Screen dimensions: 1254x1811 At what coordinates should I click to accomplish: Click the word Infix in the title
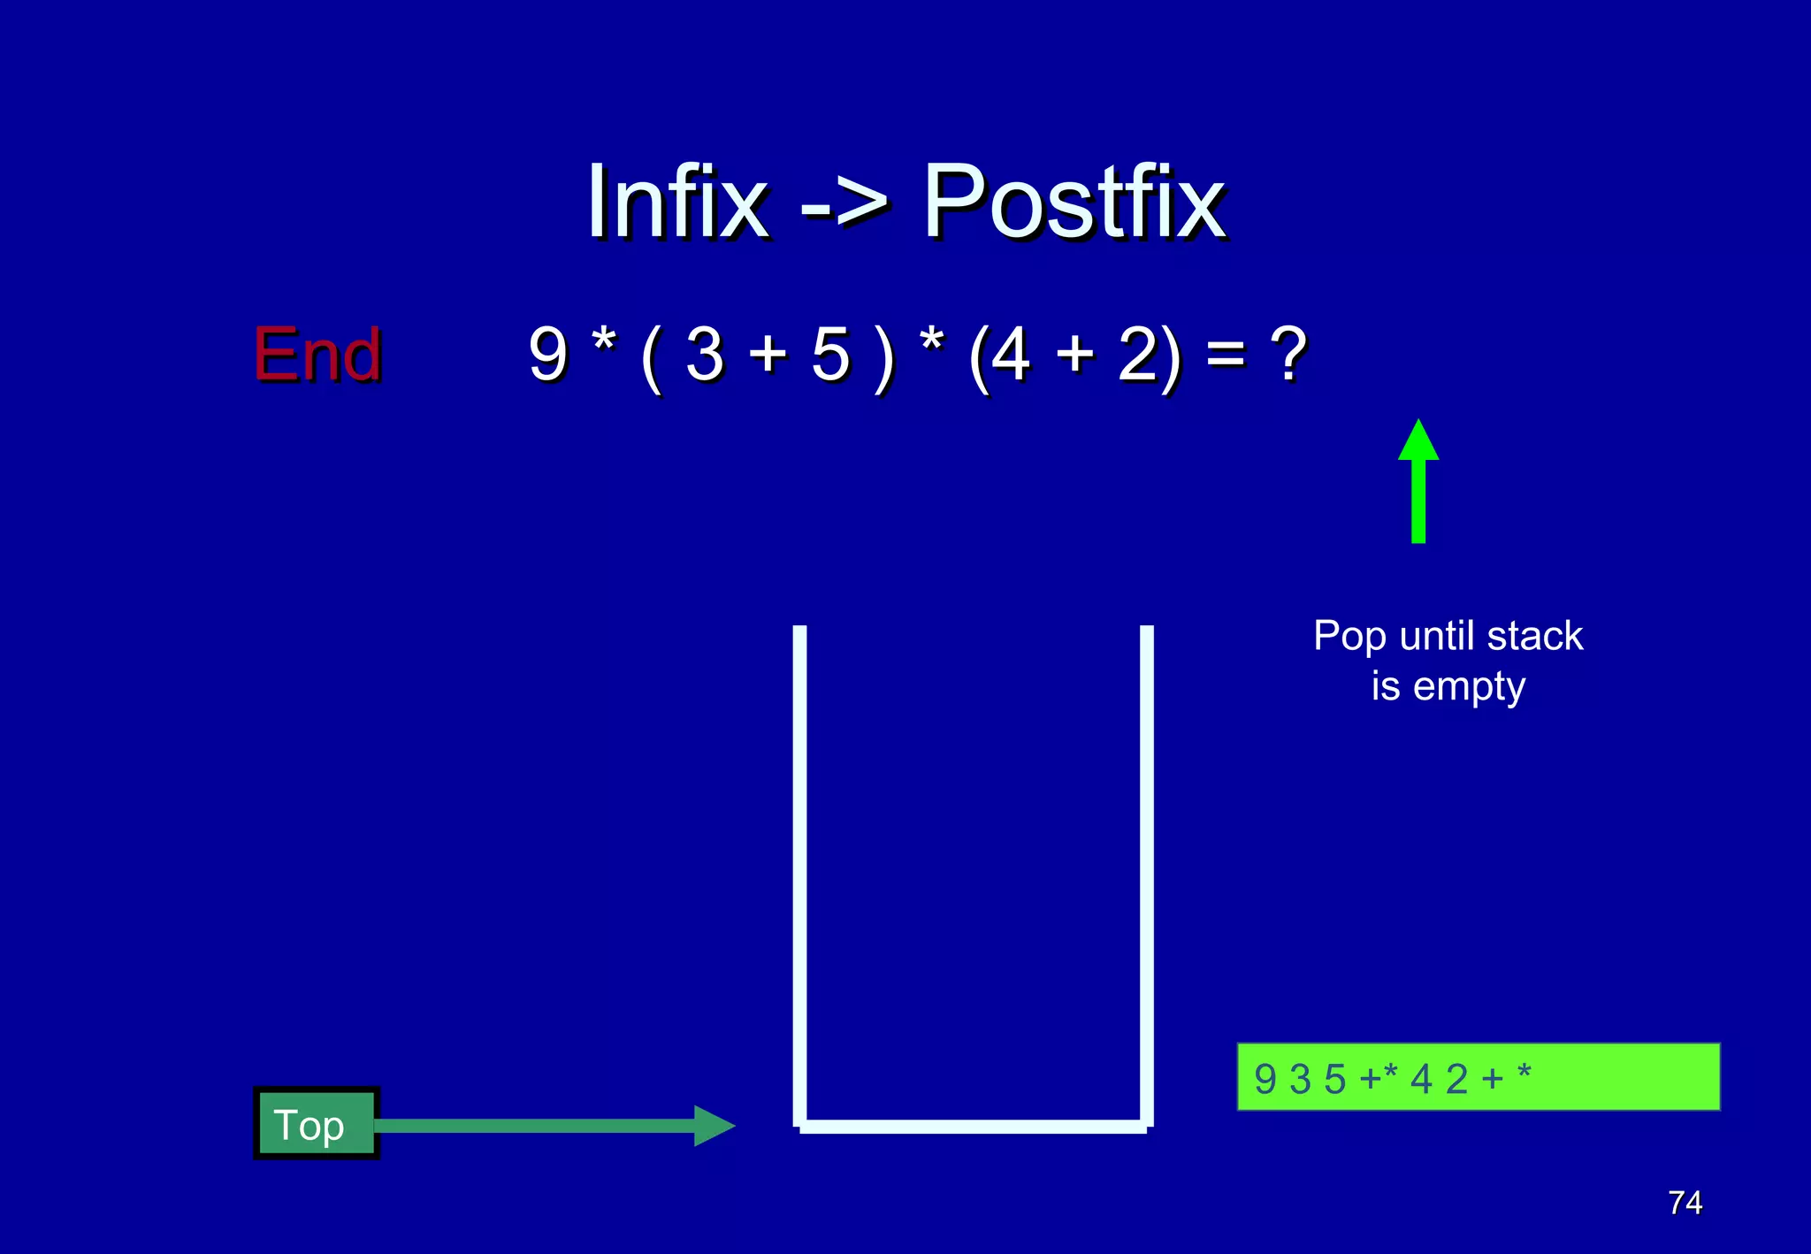click(x=676, y=203)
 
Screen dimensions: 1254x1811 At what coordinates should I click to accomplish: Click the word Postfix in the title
click(x=1074, y=203)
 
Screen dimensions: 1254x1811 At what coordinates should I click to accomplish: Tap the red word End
click(x=317, y=354)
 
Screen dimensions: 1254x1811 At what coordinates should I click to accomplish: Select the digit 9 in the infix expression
click(x=547, y=354)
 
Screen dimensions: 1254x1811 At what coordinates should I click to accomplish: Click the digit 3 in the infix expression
click(x=705, y=354)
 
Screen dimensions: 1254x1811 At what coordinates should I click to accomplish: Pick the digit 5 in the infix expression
click(x=830, y=354)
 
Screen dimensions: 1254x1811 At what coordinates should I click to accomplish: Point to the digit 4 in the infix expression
click(x=1010, y=354)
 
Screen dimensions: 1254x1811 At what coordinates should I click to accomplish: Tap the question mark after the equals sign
click(x=1288, y=354)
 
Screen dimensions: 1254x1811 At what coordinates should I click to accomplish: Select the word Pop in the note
click(x=1349, y=637)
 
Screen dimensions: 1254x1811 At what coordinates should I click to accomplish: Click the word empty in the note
click(x=1469, y=687)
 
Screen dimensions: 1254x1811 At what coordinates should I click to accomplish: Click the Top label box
click(x=316, y=1124)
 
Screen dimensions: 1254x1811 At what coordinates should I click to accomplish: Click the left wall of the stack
click(x=799, y=876)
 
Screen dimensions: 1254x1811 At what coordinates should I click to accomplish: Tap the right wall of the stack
click(x=1147, y=876)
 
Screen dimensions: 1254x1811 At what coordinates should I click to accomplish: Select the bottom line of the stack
click(x=973, y=1126)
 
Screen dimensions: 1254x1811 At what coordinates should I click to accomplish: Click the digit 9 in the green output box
click(x=1265, y=1079)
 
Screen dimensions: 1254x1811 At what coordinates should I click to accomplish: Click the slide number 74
click(x=1685, y=1203)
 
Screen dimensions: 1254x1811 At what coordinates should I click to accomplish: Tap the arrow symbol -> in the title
click(x=844, y=208)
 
